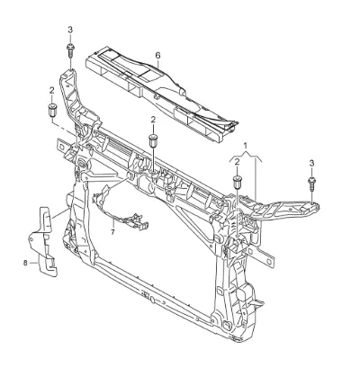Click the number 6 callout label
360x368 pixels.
click(x=157, y=55)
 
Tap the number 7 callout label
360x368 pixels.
click(x=112, y=232)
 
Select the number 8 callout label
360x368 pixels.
click(x=25, y=263)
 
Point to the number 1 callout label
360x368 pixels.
click(x=246, y=146)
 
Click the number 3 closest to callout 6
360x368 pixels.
click(x=70, y=30)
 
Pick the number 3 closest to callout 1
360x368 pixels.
click(x=311, y=163)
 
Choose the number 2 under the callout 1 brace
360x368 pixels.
click(x=237, y=162)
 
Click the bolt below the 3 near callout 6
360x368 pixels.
click(x=70, y=51)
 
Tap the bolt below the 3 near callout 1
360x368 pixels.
click(x=311, y=184)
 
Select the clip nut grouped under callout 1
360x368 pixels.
click(x=238, y=183)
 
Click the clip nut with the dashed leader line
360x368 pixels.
click(x=53, y=111)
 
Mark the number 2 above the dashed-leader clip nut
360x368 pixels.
click(x=52, y=90)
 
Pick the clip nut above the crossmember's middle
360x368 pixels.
click(x=153, y=140)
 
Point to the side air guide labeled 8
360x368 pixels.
click(x=42, y=241)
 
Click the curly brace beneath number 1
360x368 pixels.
click(x=246, y=157)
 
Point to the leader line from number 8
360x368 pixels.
click(x=33, y=263)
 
